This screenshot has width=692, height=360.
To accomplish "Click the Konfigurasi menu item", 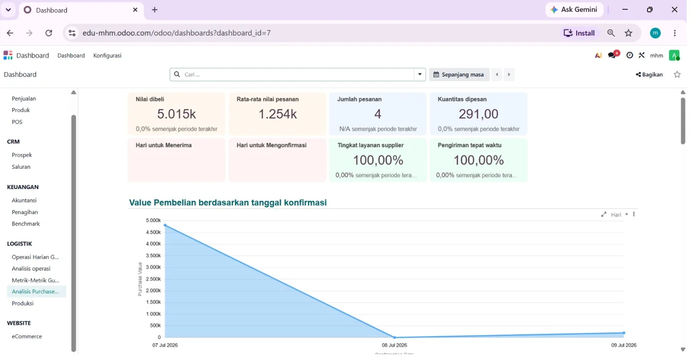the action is coord(107,56).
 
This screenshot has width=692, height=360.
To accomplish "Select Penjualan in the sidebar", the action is coord(24,99).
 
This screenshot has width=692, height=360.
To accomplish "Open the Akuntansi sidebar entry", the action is coord(24,200).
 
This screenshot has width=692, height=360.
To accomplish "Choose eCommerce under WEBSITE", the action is coord(27,336).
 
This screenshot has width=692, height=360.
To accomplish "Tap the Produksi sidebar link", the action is coord(22,303).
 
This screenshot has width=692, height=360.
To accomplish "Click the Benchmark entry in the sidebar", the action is coord(26,224).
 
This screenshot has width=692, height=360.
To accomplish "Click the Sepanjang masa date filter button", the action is coord(459,74).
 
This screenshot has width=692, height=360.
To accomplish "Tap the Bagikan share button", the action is coord(649,74).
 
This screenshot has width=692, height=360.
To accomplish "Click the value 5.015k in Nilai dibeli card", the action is coord(176,114).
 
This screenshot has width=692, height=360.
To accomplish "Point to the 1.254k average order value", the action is coord(278,114).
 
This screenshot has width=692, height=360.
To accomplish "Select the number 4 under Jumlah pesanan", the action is coord(378,114).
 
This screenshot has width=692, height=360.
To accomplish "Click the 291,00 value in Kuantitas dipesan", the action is coord(478,114).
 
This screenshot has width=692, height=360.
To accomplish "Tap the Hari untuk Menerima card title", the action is coord(163,145).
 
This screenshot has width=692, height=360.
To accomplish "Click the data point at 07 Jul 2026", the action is coord(166,225).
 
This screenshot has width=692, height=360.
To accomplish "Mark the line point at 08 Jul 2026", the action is coord(395,337).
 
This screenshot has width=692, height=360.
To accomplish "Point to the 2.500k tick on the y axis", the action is coord(153,279).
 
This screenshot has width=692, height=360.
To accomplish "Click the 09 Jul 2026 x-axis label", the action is coord(624,345).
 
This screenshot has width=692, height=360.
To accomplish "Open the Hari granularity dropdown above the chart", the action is coord(619,215).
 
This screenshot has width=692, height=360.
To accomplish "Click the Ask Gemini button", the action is coord(575,10).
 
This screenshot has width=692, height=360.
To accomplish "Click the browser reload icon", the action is coord(49,33).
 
